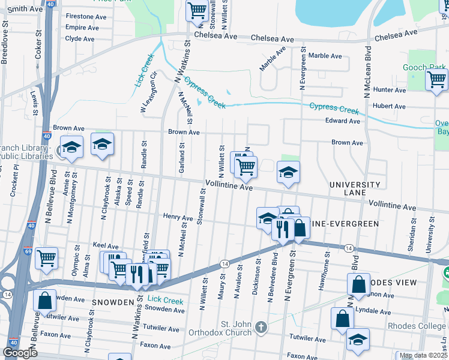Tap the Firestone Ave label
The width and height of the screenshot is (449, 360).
(x=86, y=16)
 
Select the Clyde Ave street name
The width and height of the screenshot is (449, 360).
(x=80, y=38)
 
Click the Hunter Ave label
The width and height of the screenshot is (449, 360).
(x=390, y=89)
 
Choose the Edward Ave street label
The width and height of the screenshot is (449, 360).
(x=342, y=121)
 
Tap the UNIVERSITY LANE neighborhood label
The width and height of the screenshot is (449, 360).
(x=355, y=189)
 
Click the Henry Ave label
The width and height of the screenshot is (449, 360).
(x=178, y=217)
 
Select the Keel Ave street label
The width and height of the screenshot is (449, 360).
(x=106, y=245)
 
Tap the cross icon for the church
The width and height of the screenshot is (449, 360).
(x=261, y=327)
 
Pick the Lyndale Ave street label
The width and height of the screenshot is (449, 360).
(x=373, y=311)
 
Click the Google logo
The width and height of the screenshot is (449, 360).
(x=20, y=353)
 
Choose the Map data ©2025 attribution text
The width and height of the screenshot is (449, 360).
(x=424, y=355)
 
